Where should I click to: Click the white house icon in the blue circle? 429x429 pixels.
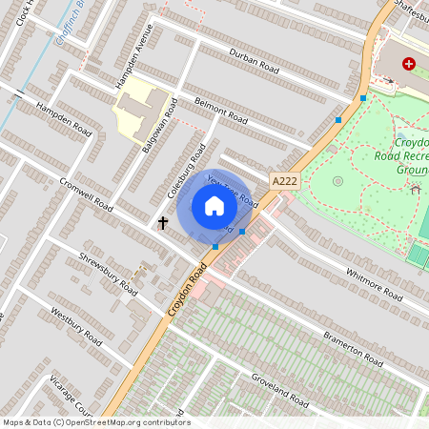(x=214, y=206)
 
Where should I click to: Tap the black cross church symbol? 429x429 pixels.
(x=163, y=223)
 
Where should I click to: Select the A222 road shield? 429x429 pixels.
(x=284, y=180)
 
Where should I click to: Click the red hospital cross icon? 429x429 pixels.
(x=409, y=64)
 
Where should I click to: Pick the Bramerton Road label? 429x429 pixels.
(x=353, y=349)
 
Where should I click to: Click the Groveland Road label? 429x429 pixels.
(x=280, y=388)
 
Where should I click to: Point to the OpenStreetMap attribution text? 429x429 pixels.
(x=95, y=421)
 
